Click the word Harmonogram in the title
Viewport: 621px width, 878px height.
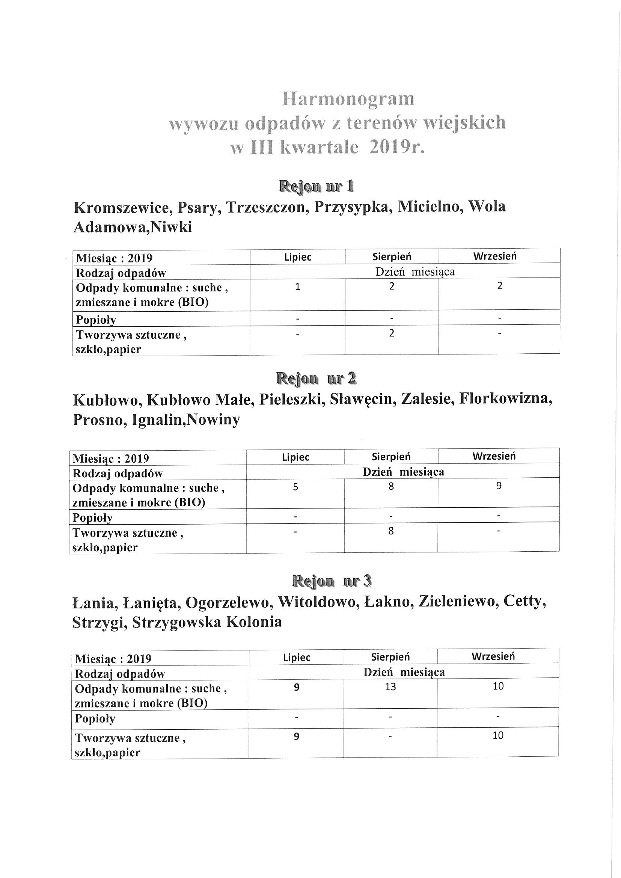tap(348, 100)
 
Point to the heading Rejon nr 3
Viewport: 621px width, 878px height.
tap(332, 581)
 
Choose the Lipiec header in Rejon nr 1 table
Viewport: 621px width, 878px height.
tap(297, 257)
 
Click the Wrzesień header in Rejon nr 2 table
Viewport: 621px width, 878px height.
tap(494, 456)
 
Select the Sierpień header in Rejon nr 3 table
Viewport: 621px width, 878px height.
tap(390, 657)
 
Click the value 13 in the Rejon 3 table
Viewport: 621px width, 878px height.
tap(390, 687)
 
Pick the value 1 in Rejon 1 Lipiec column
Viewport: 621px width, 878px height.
tap(297, 287)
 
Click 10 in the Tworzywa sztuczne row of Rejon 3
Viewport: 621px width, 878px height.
tap(498, 735)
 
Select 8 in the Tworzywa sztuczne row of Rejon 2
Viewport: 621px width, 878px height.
tap(391, 531)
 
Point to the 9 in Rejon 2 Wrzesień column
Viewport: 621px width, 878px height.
tap(499, 486)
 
